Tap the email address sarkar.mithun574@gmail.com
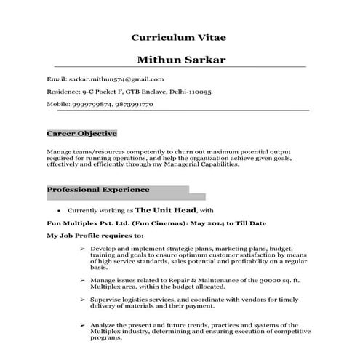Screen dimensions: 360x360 [x=116, y=79]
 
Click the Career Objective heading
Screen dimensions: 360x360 [x=81, y=135]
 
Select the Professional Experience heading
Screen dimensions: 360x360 [x=98, y=190]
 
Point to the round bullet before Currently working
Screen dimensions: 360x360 [x=58, y=208]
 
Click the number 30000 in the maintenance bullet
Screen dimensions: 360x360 [x=268, y=279]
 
